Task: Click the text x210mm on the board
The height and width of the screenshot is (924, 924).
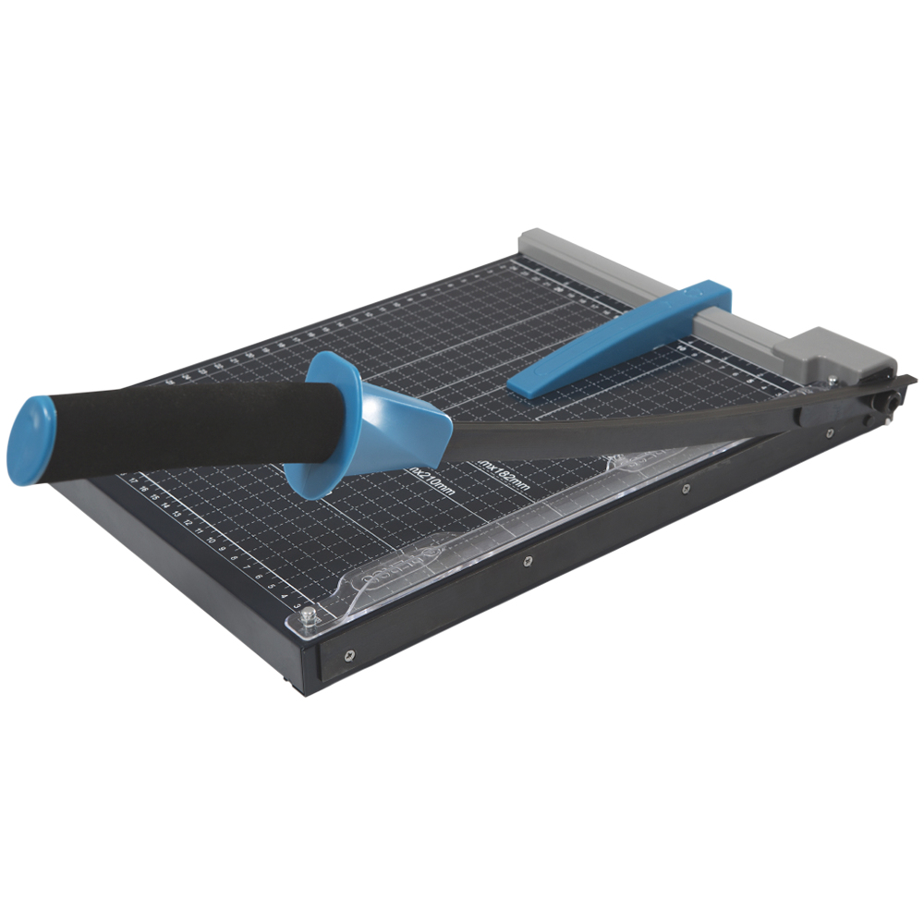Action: point(432,480)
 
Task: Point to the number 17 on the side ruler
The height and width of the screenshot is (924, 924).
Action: point(136,480)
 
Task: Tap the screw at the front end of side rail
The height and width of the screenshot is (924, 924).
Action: point(348,657)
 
